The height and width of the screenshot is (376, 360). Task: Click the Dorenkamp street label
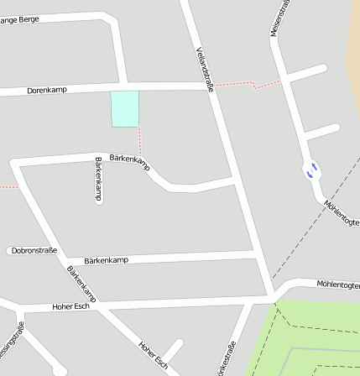[x=47, y=89]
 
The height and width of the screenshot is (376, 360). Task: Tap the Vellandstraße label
[x=206, y=69]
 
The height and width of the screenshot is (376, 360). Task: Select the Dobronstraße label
[x=34, y=250]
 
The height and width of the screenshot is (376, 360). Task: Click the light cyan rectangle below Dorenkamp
[x=124, y=109]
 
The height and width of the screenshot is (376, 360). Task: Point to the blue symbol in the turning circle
[x=311, y=170]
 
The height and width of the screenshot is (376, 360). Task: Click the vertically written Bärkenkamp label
[x=98, y=178]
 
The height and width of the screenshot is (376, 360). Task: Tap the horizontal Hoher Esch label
[x=70, y=306]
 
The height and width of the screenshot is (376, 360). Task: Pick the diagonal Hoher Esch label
[x=154, y=355]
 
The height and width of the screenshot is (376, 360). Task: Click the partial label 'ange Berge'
[x=19, y=19]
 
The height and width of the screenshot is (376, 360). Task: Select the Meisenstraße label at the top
[x=280, y=18]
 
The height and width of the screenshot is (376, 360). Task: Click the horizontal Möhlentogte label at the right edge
[x=338, y=285]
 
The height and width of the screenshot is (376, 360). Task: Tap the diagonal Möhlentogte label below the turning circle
[x=342, y=212]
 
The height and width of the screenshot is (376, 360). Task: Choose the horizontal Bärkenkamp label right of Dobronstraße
[x=107, y=260]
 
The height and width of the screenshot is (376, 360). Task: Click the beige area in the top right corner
[x=355, y=50]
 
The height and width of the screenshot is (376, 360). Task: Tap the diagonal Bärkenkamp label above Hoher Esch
[x=81, y=285]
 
